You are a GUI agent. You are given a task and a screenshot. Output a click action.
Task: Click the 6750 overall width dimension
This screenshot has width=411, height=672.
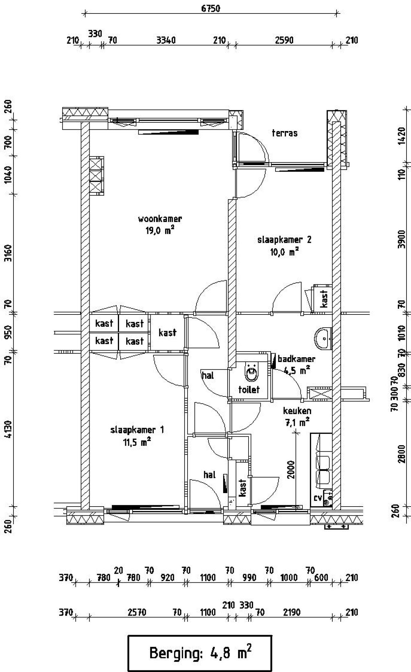pyautogui.click(x=211, y=8)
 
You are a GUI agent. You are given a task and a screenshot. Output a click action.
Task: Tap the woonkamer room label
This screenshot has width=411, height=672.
pyautogui.click(x=160, y=219)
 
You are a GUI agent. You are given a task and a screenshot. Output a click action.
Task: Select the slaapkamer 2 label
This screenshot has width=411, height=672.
pyautogui.click(x=284, y=240)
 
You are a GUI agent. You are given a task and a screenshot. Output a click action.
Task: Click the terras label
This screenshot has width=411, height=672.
pyautogui.click(x=284, y=133)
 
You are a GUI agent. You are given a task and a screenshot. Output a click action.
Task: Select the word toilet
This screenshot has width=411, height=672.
pyautogui.click(x=249, y=390)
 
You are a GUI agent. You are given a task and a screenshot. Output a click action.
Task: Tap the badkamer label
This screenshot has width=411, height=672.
pyautogui.click(x=296, y=359)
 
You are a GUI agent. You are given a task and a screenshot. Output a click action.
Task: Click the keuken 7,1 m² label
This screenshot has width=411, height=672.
pyautogui.click(x=297, y=416)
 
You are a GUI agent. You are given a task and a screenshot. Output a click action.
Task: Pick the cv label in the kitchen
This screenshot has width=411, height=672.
pyautogui.click(x=318, y=498)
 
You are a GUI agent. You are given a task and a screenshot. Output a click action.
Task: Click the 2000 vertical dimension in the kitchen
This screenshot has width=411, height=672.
pyautogui.click(x=291, y=470)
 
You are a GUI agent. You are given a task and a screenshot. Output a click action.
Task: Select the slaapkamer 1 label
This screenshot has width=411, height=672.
pyautogui.click(x=137, y=430)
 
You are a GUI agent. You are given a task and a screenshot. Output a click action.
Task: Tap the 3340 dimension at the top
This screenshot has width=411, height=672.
pyautogui.click(x=166, y=40)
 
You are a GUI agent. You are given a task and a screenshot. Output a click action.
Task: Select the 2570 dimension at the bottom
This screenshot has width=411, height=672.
pyautogui.click(x=137, y=612)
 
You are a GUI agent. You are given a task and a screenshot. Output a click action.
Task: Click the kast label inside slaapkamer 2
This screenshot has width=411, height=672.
pyautogui.click(x=324, y=299)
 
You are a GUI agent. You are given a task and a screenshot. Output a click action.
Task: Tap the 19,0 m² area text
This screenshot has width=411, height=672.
pyautogui.click(x=160, y=231)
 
